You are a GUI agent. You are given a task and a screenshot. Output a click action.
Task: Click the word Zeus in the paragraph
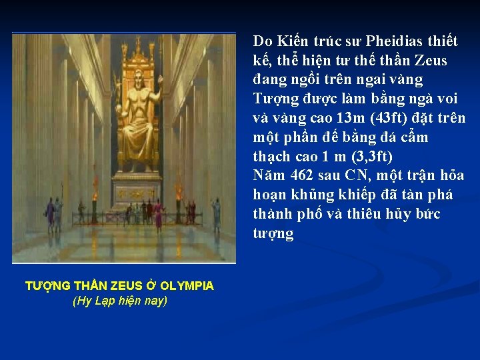tap(432, 61)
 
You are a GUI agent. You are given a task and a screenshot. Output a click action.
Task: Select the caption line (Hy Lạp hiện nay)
tap(119, 300)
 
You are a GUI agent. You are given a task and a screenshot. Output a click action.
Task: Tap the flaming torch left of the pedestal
tap(94, 197)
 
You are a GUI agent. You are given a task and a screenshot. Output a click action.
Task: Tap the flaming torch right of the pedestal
tap(179, 194)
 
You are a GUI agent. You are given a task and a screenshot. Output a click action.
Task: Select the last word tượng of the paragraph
tap(273, 233)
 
